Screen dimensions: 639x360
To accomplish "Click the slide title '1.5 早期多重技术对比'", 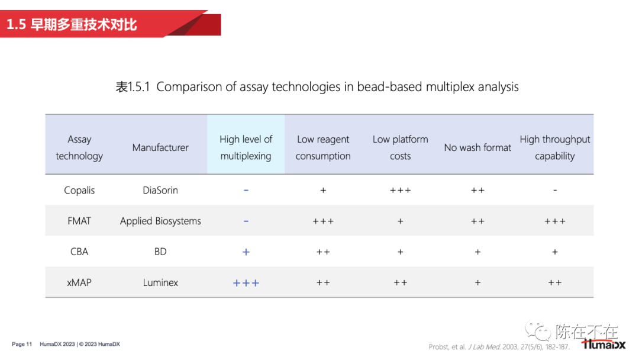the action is [72, 24].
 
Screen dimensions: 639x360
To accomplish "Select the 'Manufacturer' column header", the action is [160, 147].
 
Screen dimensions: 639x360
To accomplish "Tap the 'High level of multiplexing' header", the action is [246, 147].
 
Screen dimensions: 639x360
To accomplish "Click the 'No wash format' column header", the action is [477, 147].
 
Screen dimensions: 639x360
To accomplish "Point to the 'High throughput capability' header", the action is [554, 147].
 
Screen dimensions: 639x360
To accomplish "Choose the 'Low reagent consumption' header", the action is [323, 147].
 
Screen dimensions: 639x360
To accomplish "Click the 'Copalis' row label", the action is [79, 191].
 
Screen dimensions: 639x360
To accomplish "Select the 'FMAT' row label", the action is [79, 221].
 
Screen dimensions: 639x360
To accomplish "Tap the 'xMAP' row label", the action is [79, 282].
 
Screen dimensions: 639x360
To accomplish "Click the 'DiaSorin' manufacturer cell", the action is [160, 191].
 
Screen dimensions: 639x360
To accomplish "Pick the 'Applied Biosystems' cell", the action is [160, 221].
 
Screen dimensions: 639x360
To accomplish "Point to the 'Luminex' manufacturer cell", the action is [160, 282].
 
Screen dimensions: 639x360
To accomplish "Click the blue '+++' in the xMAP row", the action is [246, 283].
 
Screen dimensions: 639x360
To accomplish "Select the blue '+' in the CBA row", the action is [246, 252].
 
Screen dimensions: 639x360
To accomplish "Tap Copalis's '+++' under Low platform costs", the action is [400, 191].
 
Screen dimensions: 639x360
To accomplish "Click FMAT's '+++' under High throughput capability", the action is [554, 221].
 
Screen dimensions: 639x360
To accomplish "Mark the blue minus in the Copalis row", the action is [246, 191].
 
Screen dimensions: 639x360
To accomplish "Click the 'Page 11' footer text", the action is [22, 344].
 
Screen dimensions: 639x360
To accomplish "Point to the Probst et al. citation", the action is [499, 347].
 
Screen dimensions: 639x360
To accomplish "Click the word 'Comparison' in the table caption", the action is [189, 87].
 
